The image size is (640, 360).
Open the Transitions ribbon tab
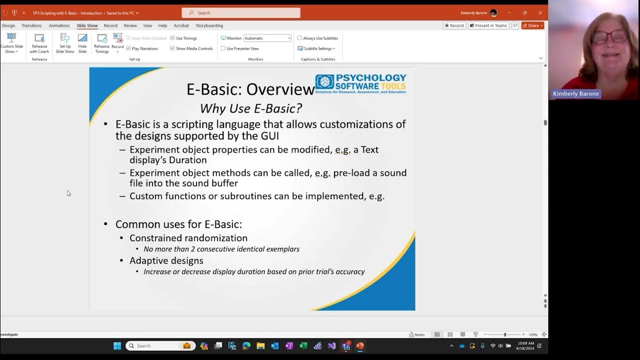[31, 25]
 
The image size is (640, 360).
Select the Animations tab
[59, 25]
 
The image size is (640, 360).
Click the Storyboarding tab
[209, 25]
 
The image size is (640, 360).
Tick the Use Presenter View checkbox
[223, 48]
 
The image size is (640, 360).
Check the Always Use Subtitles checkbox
[300, 38]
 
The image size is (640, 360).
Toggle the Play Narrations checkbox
[128, 48]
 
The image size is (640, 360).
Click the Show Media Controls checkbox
[172, 48]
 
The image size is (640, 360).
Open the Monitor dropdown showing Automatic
[267, 38]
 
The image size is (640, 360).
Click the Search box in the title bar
[241, 13]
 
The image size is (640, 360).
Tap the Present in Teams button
[488, 25]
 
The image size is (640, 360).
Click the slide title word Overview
[280, 89]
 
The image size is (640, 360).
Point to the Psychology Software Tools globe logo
[324, 82]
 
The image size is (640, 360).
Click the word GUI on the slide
[268, 135]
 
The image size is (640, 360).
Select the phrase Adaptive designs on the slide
[166, 260]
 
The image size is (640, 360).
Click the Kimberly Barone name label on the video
[575, 94]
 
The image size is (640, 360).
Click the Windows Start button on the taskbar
[117, 346]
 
